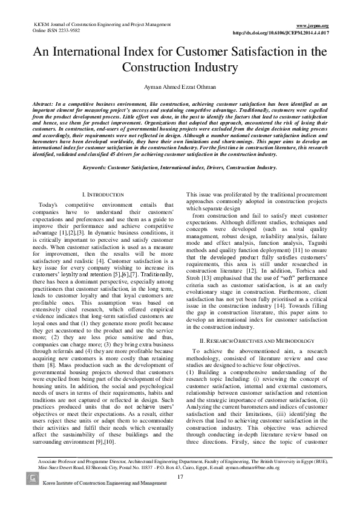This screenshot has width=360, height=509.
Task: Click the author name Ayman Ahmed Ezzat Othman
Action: tap(180, 86)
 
